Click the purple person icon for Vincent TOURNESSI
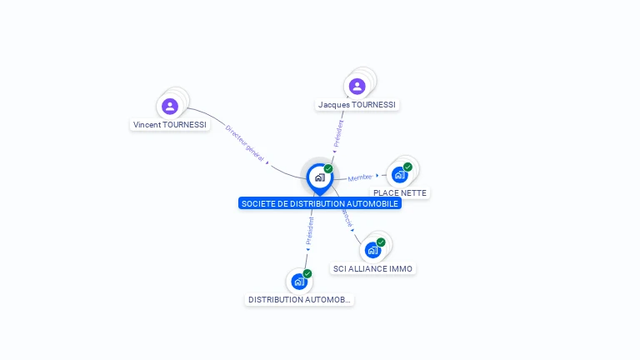pyautogui.click(x=170, y=106)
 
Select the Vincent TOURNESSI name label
pyautogui.click(x=170, y=125)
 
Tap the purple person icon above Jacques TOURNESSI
pyautogui.click(x=357, y=87)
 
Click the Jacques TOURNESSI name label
pyautogui.click(x=357, y=105)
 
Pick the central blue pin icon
pyautogui.click(x=319, y=177)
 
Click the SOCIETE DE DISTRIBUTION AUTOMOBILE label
pyautogui.click(x=320, y=203)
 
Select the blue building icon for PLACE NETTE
pyautogui.click(x=400, y=175)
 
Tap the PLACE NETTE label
pyautogui.click(x=400, y=193)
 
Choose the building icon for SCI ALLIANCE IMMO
pyautogui.click(x=372, y=250)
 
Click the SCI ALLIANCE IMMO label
pyautogui.click(x=373, y=268)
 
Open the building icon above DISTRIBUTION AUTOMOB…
pyautogui.click(x=299, y=282)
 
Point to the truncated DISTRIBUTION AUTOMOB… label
pyautogui.click(x=300, y=300)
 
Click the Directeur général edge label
pyautogui.click(x=245, y=142)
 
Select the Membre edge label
pyautogui.click(x=360, y=177)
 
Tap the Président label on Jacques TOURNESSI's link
pyautogui.click(x=338, y=134)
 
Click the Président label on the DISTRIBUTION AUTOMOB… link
pyautogui.click(x=309, y=231)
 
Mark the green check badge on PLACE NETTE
pyautogui.click(x=407, y=167)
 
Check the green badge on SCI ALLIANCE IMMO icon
pyautogui.click(x=381, y=242)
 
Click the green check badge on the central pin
pyautogui.click(x=328, y=169)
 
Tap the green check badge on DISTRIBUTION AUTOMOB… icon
pyautogui.click(x=307, y=273)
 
